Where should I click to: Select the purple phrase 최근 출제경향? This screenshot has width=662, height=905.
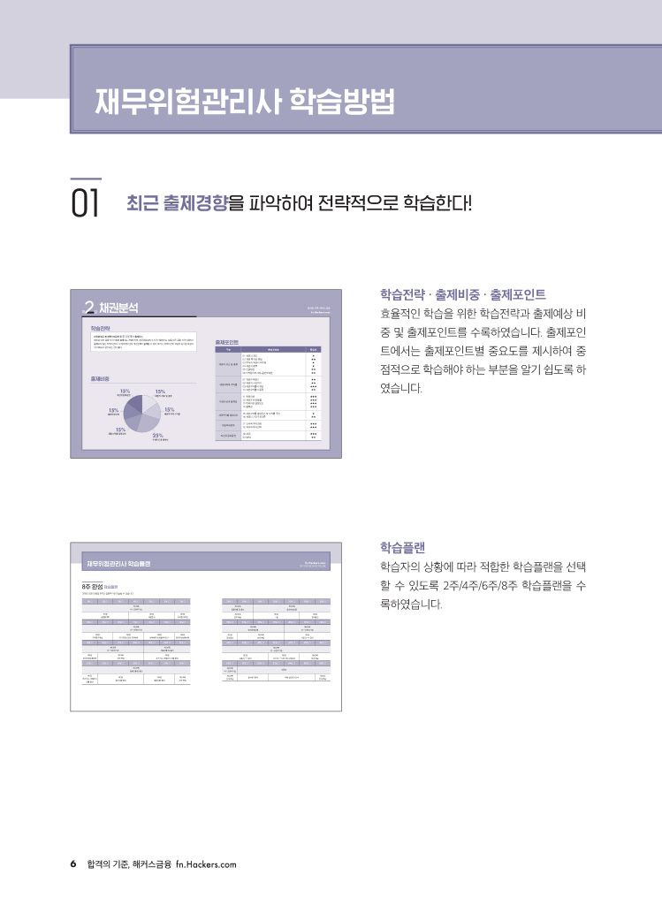click(177, 203)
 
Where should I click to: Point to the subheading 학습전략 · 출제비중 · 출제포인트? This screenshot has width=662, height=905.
click(462, 294)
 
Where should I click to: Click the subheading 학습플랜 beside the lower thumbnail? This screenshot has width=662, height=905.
click(401, 547)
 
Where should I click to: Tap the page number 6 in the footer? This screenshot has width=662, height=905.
click(73, 863)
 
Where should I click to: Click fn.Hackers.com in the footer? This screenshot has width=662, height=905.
click(206, 863)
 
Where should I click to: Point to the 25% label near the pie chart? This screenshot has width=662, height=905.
click(158, 435)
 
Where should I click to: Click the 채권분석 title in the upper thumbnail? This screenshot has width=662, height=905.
click(119, 308)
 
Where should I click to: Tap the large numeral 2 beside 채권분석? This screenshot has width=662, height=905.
click(88, 308)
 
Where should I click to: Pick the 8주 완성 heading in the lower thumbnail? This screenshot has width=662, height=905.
click(90, 585)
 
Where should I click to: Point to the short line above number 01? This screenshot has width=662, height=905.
click(86, 179)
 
